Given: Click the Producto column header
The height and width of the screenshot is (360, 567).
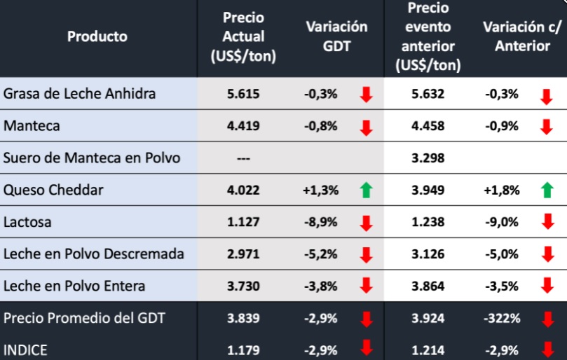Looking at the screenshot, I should click(97, 36).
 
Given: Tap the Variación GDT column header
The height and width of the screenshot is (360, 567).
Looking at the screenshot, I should click(336, 36).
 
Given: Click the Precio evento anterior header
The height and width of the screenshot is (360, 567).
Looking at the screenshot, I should click(428, 36).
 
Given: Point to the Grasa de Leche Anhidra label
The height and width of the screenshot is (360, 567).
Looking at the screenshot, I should click(79, 94).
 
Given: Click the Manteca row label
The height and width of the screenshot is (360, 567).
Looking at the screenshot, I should click(32, 126).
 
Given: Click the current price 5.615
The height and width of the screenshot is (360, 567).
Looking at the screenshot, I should click(243, 94).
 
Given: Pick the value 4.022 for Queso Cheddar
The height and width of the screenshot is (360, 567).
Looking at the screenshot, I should click(243, 190).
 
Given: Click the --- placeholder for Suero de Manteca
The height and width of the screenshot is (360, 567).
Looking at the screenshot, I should click(243, 158).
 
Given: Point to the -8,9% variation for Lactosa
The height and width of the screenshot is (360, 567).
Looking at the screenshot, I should click(321, 222).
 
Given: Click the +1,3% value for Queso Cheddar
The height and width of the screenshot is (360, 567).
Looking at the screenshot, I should click(322, 190).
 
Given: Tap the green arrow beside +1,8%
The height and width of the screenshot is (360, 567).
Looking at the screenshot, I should click(547, 191).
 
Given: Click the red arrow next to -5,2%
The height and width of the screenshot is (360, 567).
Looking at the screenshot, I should click(365, 254).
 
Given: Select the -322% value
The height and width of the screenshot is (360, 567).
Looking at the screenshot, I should click(503, 318).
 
